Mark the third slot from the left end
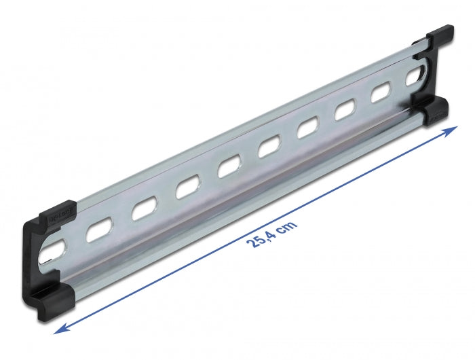pyautogui.click(x=143, y=209)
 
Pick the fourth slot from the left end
pyautogui.click(x=187, y=188)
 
